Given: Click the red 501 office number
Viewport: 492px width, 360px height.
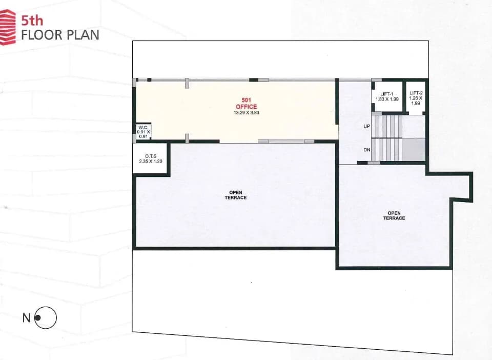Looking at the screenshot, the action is tap(247, 101).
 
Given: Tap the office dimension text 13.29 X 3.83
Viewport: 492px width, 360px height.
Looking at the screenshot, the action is tap(247, 113).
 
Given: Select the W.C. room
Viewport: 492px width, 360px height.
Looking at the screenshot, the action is tap(143, 131).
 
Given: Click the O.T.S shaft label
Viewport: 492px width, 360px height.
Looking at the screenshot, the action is tap(151, 156).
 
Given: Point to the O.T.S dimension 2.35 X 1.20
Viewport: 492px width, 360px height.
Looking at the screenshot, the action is tap(151, 162).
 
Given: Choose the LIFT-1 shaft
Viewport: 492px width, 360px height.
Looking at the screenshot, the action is tap(387, 96).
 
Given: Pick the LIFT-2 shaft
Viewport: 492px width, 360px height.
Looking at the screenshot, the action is tap(416, 97).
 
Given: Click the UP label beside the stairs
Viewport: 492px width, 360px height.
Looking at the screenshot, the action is tap(367, 126).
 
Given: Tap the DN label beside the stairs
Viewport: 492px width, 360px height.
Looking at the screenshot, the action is tap(367, 150).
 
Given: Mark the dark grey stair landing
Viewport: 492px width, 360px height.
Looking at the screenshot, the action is tap(414, 150).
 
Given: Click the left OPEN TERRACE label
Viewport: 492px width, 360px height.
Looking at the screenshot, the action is tap(236, 195).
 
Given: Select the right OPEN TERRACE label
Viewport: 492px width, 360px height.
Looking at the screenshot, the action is tap(394, 215).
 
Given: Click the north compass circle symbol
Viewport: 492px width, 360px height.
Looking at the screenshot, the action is tap(46, 317).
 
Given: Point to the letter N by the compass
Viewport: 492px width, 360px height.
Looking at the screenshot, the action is tap(26, 318).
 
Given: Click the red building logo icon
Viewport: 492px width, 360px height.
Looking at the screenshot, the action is tap(8, 27).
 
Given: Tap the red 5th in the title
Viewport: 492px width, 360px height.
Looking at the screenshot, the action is tap(32, 21).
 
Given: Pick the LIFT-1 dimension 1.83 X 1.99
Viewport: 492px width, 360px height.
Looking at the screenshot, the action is tap(387, 99).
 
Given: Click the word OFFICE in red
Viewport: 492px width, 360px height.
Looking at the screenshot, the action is tap(247, 107).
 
